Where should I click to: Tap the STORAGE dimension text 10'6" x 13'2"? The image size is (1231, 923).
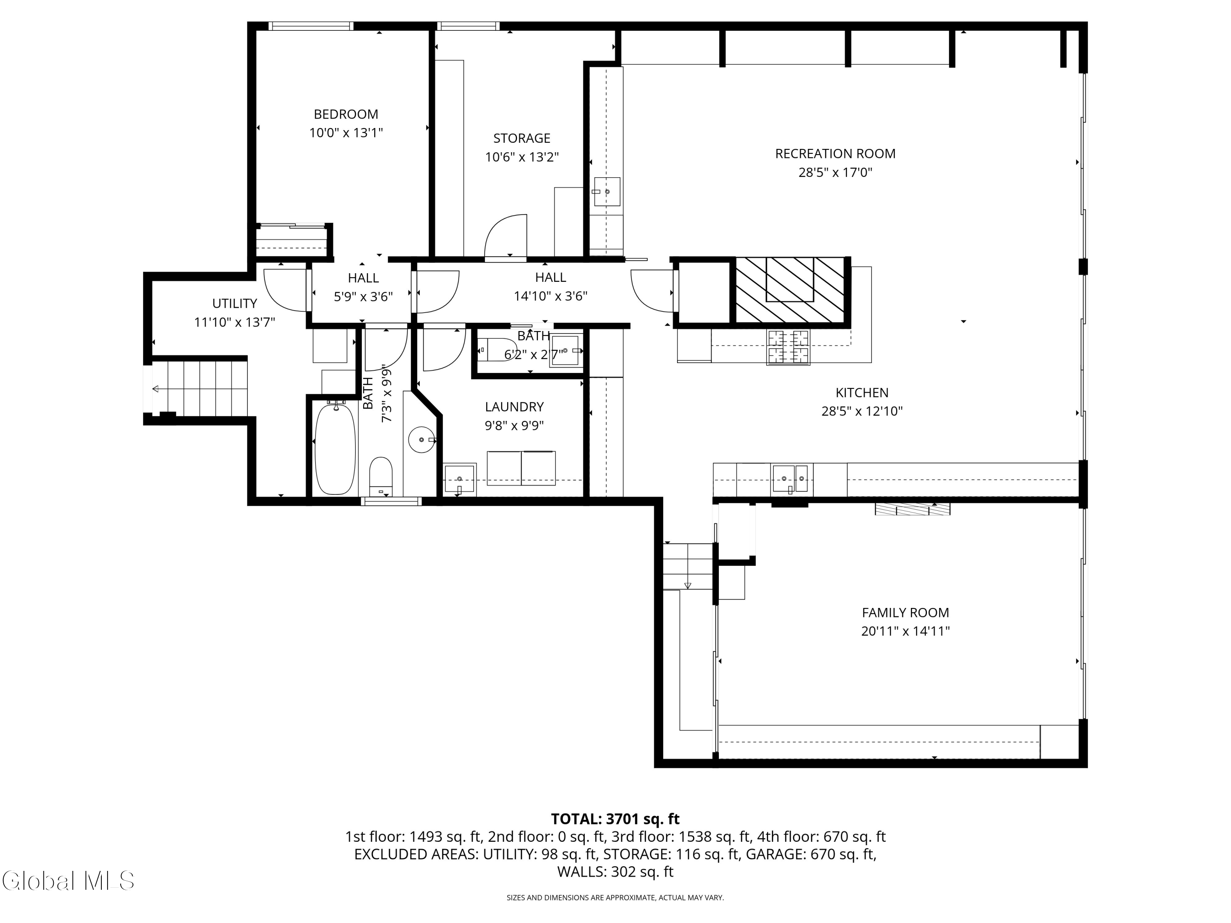tap(522, 157)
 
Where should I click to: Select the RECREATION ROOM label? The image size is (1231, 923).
tap(835, 153)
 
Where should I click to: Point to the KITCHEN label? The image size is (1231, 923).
tap(862, 393)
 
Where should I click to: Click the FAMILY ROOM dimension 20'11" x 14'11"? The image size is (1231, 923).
tap(906, 631)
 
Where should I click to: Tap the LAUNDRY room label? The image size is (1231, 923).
tap(514, 407)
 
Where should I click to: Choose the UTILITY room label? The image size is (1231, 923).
tap(234, 303)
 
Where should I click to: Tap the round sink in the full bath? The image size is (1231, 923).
tap(422, 439)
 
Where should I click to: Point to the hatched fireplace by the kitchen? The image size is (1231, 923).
tap(790, 290)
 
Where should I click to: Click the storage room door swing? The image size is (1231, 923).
tap(505, 238)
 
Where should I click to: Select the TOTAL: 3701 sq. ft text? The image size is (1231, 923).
tap(615, 819)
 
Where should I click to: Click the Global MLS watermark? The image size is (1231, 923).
tap(68, 881)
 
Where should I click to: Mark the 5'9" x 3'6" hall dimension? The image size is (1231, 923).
tap(364, 297)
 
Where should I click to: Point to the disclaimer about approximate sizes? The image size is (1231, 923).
tap(615, 898)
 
